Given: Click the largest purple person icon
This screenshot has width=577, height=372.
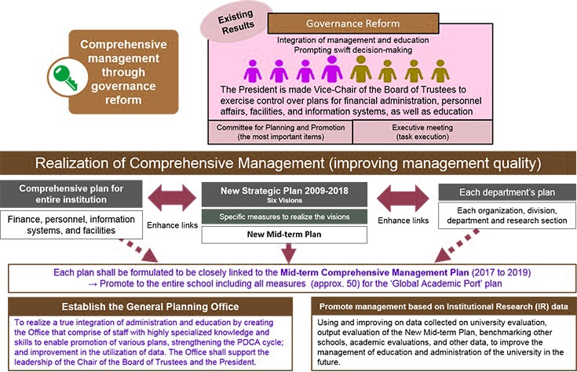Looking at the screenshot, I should pos(331,70).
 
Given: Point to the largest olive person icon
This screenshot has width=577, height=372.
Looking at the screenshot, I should pos(360,70).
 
